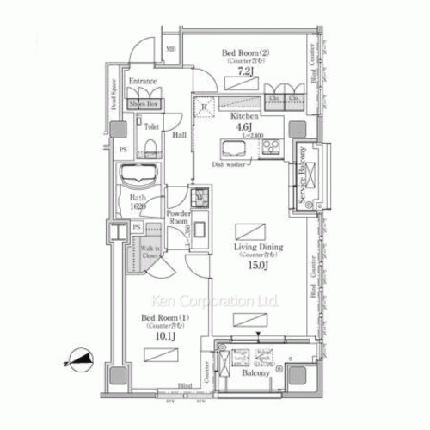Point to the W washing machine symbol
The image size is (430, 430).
(200, 196)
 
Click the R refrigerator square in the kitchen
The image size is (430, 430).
(204, 107)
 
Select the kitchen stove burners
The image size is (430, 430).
(271, 145)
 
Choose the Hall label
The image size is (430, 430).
(178, 135)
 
